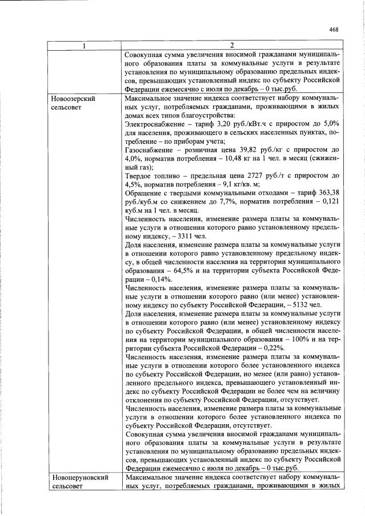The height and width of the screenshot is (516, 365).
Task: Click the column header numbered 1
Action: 84,46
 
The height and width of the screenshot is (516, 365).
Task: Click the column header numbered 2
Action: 231,46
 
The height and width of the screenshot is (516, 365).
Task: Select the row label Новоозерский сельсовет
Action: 73,103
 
